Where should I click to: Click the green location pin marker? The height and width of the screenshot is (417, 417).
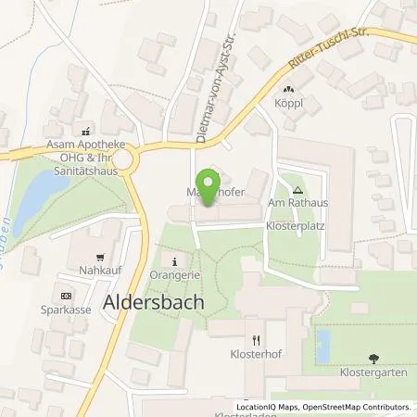pos(210,182)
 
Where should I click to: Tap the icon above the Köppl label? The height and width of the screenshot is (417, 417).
pos(287,91)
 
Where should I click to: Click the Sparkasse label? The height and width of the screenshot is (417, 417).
pos(67,310)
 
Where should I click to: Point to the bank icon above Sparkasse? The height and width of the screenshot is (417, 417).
pos(66,296)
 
